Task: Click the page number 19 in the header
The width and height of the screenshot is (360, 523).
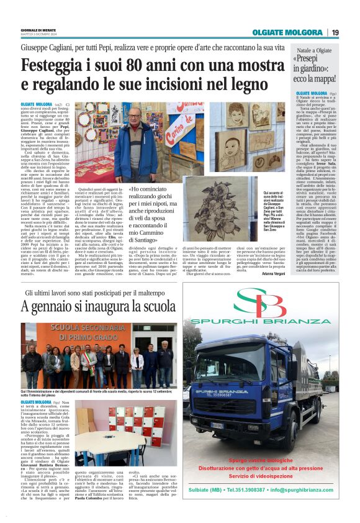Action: (335, 32)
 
